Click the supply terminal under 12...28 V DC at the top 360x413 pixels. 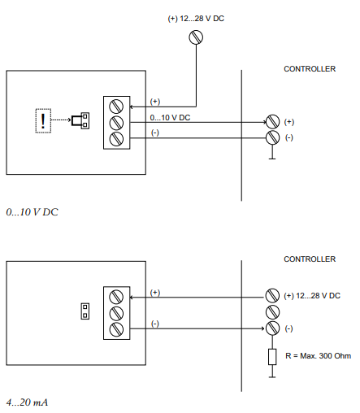(196, 37)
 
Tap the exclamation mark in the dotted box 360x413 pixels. (43, 121)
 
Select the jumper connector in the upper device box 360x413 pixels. (80, 120)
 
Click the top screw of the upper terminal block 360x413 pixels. (116, 107)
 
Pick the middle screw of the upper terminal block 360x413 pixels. (116, 123)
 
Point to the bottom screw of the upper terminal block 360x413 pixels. (116, 139)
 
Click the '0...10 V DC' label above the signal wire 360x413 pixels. (170, 118)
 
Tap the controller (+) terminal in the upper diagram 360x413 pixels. (272, 122)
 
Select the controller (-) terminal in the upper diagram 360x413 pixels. (272, 137)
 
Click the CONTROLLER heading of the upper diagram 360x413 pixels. (310, 69)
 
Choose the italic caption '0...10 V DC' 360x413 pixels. (32, 212)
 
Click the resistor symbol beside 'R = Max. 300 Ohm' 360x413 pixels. (272, 357)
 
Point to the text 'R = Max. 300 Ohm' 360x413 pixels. (318, 356)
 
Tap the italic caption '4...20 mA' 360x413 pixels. (27, 402)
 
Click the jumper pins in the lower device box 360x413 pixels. (85, 311)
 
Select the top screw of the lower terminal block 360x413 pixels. (116, 297)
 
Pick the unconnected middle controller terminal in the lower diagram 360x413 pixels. (272, 312)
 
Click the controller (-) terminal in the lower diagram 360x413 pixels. (272, 328)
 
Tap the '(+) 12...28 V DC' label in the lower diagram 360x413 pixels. (312, 296)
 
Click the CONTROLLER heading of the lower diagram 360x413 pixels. (310, 259)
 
